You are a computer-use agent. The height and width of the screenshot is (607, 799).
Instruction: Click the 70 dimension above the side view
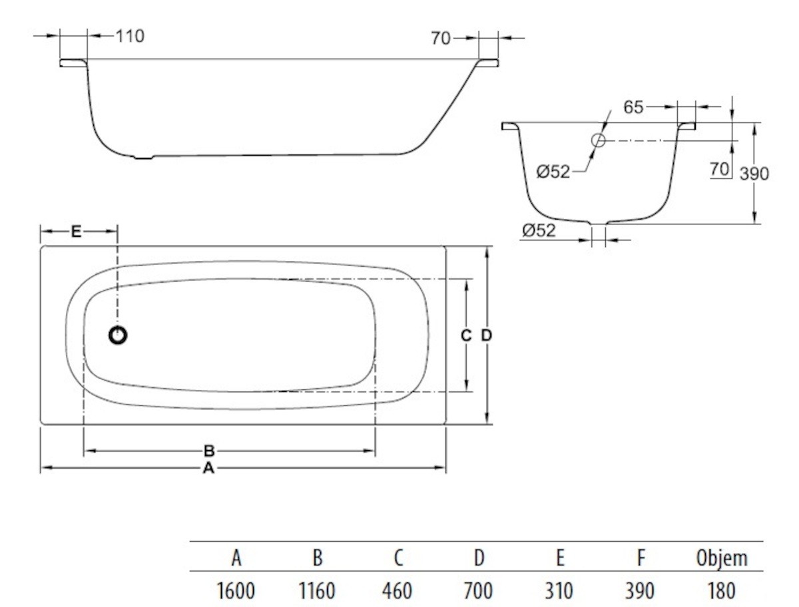click(441, 38)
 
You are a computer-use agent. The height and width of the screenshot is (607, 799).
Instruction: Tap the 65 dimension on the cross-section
click(633, 106)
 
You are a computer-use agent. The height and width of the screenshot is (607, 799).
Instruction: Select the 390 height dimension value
click(754, 174)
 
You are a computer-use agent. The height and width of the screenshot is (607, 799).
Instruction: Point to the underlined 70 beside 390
click(719, 169)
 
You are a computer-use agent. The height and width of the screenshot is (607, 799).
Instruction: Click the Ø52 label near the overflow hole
click(553, 172)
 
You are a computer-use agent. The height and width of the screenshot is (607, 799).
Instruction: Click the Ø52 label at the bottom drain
click(539, 231)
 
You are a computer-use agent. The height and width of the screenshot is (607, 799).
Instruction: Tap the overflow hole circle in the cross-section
click(598, 140)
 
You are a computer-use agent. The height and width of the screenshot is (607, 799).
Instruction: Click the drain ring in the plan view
click(118, 335)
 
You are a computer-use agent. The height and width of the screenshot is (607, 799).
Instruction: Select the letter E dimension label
click(76, 232)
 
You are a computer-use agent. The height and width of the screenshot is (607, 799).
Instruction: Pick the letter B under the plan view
click(208, 451)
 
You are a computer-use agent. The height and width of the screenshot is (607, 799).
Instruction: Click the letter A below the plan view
click(208, 469)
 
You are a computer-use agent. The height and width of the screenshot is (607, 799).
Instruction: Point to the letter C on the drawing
click(466, 336)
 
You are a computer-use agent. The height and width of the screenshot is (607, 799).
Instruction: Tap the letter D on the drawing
click(487, 336)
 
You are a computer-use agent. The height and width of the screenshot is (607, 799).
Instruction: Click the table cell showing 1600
click(236, 589)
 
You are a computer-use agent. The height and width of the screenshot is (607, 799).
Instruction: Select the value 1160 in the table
click(317, 589)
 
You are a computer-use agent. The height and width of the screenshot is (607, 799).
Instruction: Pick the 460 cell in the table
click(398, 589)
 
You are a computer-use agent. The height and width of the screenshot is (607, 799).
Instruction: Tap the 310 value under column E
click(559, 589)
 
